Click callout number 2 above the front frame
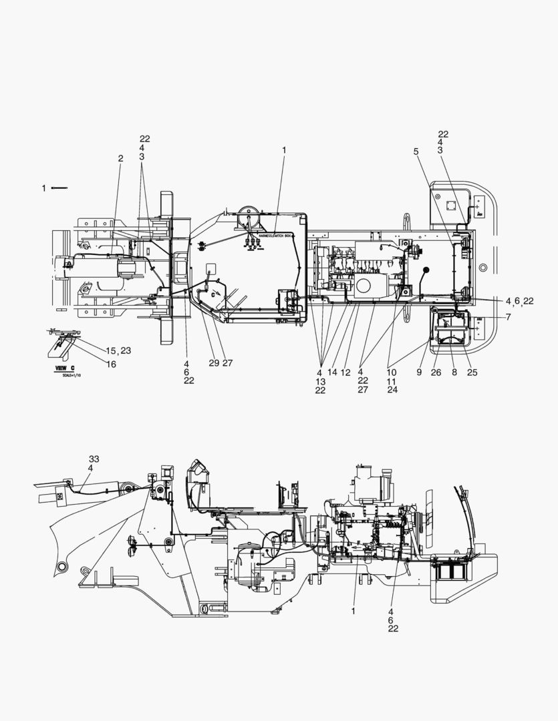click(121, 159)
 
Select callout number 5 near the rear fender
click(416, 152)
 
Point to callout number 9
click(419, 373)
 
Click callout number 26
click(436, 373)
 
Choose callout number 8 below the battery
click(454, 373)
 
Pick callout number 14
click(333, 373)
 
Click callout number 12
click(345, 373)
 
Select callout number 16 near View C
click(111, 364)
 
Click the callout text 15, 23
click(118, 350)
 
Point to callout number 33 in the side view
click(94, 459)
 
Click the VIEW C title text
click(64, 368)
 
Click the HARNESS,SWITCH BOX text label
click(271, 236)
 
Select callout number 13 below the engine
click(320, 381)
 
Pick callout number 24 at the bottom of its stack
click(392, 390)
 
